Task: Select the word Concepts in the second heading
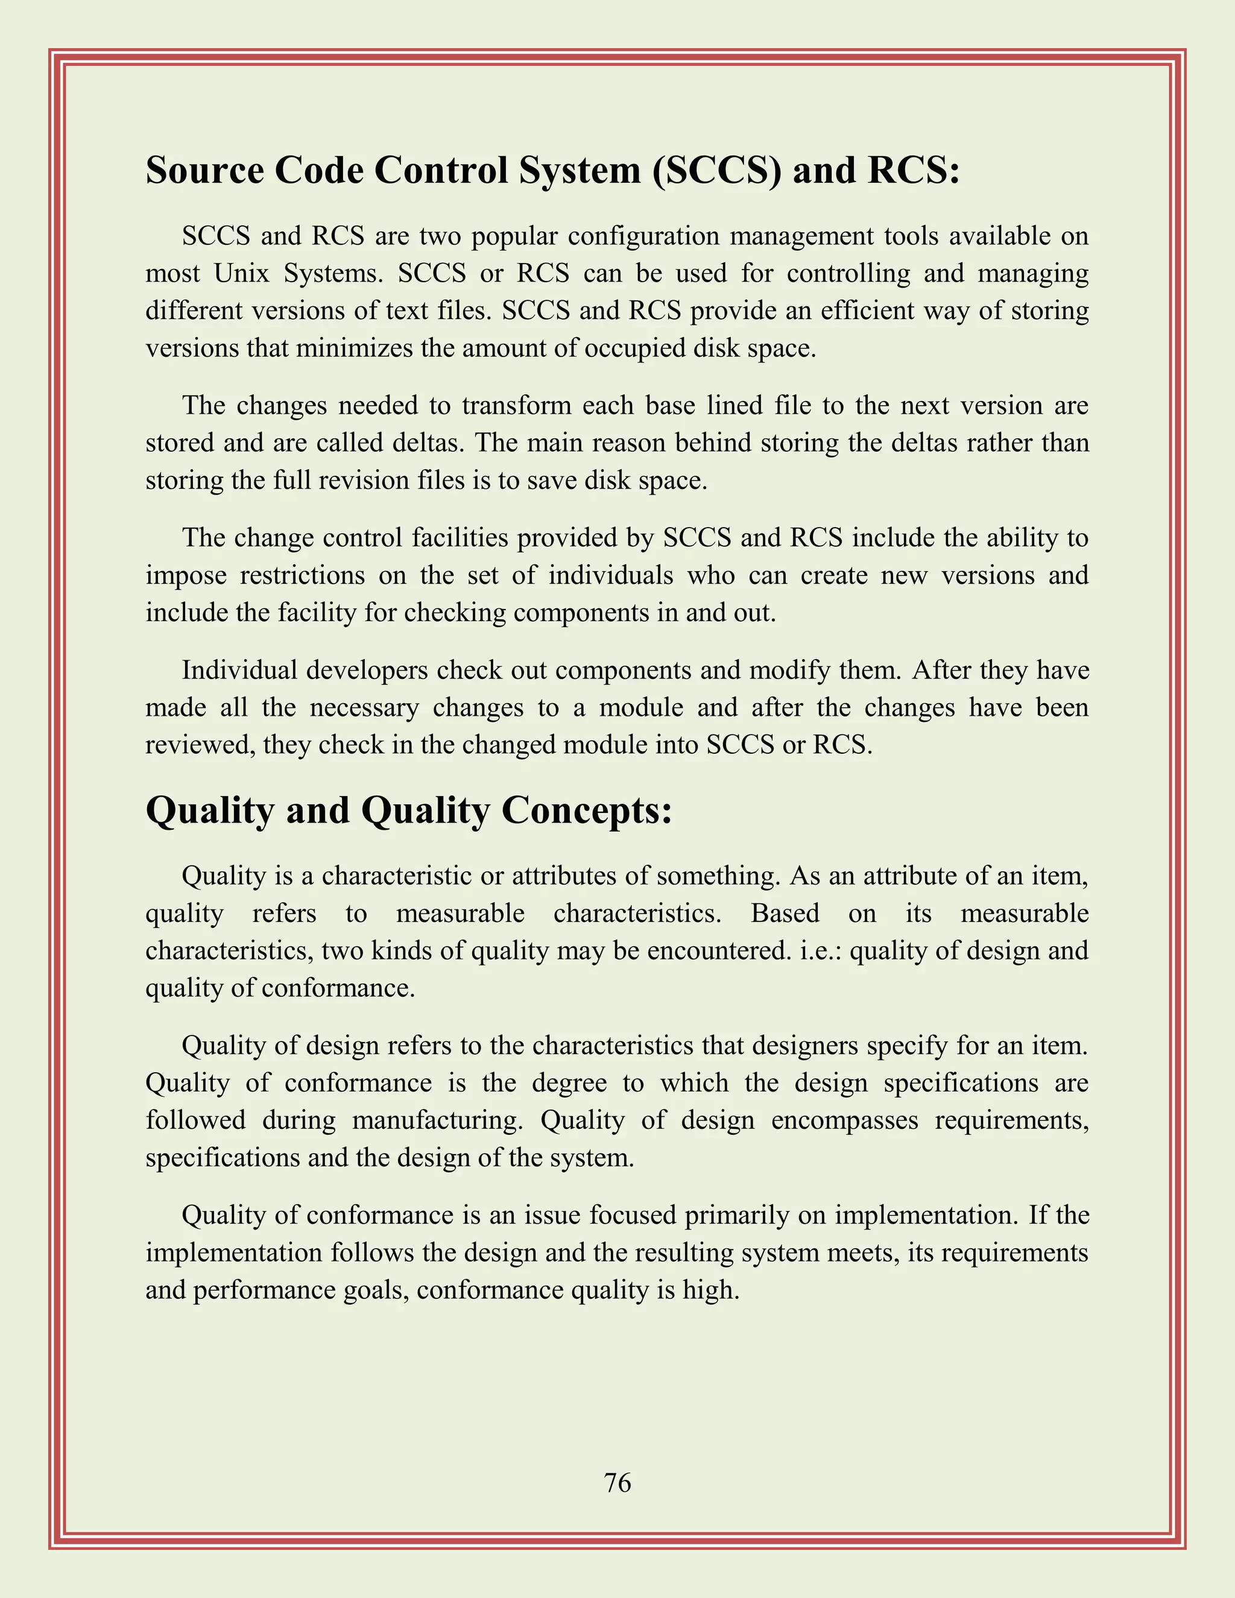[x=586, y=810]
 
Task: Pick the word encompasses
[x=844, y=1120]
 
